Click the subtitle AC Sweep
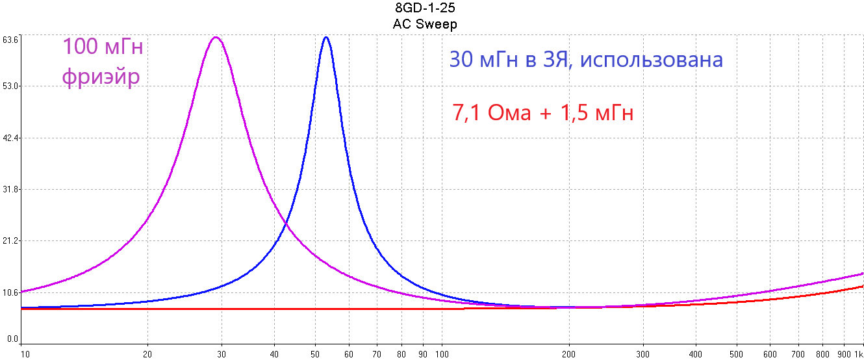tap(425, 24)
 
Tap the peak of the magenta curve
tap(216, 37)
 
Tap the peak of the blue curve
tap(326, 37)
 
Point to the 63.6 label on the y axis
tap(10, 40)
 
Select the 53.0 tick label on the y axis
tap(10, 86)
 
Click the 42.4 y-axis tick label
tap(10, 138)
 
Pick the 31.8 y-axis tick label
tap(10, 189)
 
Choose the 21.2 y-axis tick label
tap(10, 241)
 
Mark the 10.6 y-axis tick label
tap(10, 292)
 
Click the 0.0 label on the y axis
tap(10, 339)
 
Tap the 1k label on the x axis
tap(858, 354)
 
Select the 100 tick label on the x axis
tap(442, 354)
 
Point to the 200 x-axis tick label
tap(570, 354)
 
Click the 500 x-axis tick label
tap(737, 354)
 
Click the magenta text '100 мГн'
tap(102, 47)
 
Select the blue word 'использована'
tap(652, 60)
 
